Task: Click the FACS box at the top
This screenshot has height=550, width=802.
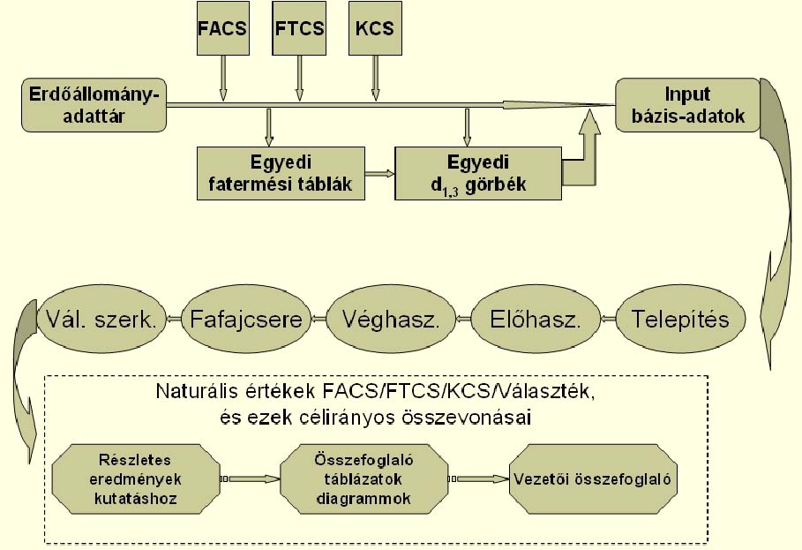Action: (222, 28)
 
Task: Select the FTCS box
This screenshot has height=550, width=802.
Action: (299, 28)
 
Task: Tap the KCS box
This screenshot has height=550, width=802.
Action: (375, 28)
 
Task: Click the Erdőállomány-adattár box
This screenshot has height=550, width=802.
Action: (94, 104)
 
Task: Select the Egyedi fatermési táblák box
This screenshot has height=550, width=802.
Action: (281, 173)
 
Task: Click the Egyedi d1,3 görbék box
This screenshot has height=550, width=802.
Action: (478, 173)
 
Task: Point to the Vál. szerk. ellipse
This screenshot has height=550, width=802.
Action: (97, 319)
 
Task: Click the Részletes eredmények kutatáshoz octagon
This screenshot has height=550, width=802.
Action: (133, 479)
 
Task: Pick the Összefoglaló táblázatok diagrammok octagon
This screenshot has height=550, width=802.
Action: (364, 479)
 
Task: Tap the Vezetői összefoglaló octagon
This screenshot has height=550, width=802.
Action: (593, 479)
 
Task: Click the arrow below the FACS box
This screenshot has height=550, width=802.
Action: (222, 79)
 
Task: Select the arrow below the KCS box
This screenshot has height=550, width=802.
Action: (375, 79)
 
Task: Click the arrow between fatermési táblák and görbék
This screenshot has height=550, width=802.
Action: (379, 174)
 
